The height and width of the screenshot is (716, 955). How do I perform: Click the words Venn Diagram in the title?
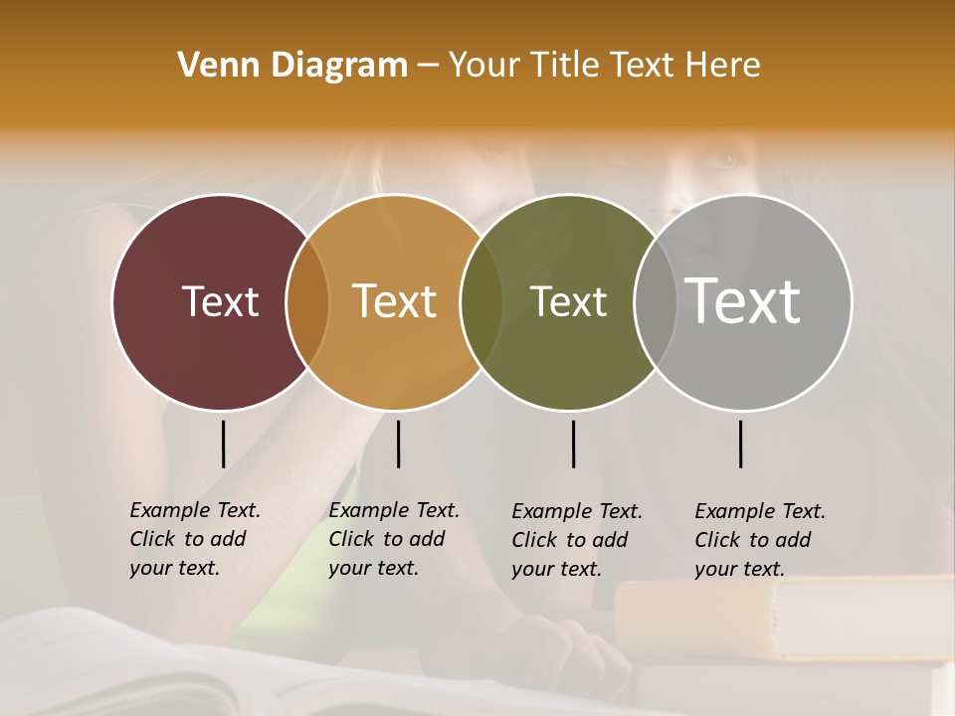pos(292,66)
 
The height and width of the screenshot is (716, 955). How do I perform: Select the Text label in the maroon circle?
pos(220,301)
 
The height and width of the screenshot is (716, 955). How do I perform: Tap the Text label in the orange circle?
pos(395,301)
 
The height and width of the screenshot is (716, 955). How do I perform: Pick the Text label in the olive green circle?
pos(569,301)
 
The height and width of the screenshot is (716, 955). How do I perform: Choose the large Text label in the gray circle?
pos(743,300)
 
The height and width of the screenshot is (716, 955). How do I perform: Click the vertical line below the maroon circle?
pos(223,444)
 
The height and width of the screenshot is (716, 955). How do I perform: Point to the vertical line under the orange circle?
pos(398,444)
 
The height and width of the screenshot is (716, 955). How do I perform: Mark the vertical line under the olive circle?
pos(573,444)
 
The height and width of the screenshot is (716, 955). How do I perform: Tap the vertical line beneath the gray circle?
pos(741,444)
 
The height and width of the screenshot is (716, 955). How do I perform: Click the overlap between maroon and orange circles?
pos(307,302)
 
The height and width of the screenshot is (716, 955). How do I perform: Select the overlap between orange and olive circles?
pos(480,302)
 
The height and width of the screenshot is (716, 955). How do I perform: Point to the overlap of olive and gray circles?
pos(653,302)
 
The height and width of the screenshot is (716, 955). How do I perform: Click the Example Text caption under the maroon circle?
pos(195,539)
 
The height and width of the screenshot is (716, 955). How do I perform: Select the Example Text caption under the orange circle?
pos(394,539)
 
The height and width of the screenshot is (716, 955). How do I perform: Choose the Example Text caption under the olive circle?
pos(577,540)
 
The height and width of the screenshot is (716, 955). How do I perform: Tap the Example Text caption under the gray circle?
pos(760,540)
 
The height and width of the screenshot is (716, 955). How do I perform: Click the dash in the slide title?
pos(428,67)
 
